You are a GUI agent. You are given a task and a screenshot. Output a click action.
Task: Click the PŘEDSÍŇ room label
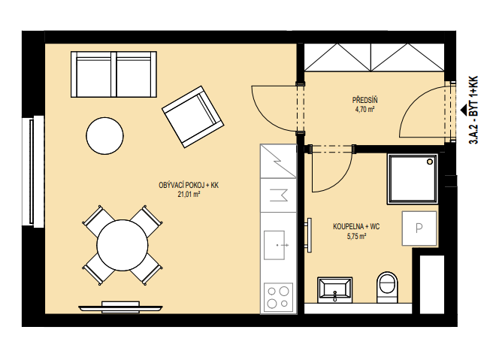pyautogui.click(x=364, y=100)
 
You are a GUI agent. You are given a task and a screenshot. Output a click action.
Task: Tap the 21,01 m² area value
pyautogui.click(x=189, y=195)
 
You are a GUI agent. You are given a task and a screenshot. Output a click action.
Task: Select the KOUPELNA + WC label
pyautogui.click(x=356, y=227)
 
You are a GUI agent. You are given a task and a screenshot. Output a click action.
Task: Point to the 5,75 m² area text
pyautogui.click(x=356, y=237)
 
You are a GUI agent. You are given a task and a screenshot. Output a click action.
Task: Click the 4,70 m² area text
pyautogui.click(x=364, y=110)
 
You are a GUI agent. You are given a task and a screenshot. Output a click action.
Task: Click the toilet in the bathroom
pyautogui.click(x=387, y=287)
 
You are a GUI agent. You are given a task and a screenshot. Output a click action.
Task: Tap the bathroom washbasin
pyautogui.click(x=335, y=289)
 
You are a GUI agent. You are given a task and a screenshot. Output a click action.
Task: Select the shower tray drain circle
pyautogui.click(x=429, y=162)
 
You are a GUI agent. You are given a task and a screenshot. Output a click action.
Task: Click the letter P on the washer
pyautogui.click(x=419, y=228)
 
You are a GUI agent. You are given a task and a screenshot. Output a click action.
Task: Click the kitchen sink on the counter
pyautogui.click(x=275, y=245)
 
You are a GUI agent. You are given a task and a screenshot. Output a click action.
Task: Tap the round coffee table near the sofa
pyautogui.click(x=104, y=136)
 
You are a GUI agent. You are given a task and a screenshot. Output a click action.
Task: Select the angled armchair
pyautogui.click(x=192, y=116)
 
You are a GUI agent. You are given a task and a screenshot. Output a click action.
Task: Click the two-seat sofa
pyautogui.click(x=113, y=74)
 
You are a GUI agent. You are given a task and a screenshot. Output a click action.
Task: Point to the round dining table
pyautogui.click(x=122, y=245)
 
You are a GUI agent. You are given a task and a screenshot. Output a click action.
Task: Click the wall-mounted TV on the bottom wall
pyautogui.click(x=120, y=307)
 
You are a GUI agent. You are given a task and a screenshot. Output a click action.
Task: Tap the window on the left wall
pyautogui.click(x=33, y=171)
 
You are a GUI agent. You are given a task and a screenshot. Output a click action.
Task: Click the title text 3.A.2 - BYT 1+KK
pyautogui.click(x=473, y=110)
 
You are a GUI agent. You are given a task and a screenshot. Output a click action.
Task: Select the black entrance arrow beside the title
pyautogui.click(x=463, y=110)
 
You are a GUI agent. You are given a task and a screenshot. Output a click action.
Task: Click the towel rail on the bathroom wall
pyautogui.click(x=309, y=235)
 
